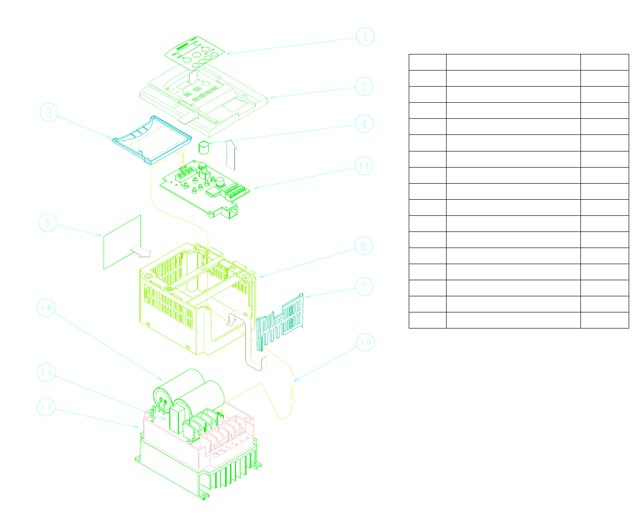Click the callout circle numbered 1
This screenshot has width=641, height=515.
pyautogui.click(x=365, y=36)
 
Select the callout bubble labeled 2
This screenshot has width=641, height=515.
pyautogui.click(x=364, y=87)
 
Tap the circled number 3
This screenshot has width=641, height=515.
pyautogui.click(x=49, y=113)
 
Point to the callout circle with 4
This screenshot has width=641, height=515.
pyautogui.click(x=364, y=124)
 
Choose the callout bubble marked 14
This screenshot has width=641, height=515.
pyautogui.click(x=364, y=166)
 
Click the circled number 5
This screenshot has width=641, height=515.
pyautogui.click(x=48, y=222)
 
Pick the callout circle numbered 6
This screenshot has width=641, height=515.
pyautogui.click(x=363, y=246)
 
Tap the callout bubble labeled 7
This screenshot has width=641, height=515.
pyautogui.click(x=364, y=287)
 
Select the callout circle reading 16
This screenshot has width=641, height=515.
pyautogui.click(x=46, y=308)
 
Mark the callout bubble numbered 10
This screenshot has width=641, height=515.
pyautogui.click(x=365, y=343)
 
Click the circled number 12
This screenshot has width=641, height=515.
pyautogui.click(x=46, y=373)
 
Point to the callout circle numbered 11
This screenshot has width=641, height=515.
pyautogui.click(x=46, y=407)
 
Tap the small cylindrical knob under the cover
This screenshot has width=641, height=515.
pyautogui.click(x=203, y=148)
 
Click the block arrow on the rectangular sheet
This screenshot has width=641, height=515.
pyautogui.click(x=140, y=251)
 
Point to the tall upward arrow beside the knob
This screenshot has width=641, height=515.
pyautogui.click(x=231, y=154)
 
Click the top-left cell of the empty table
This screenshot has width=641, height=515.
pyautogui.click(x=427, y=62)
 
